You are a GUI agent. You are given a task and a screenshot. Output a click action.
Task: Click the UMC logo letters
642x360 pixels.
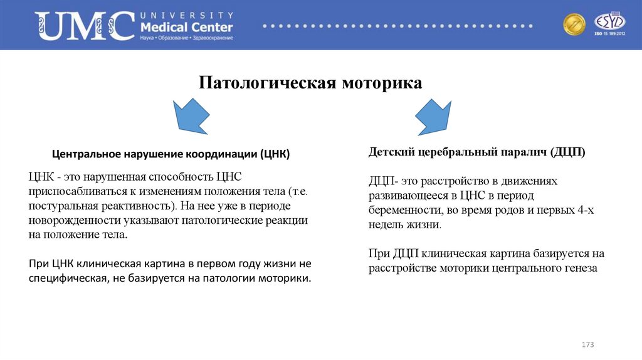click(x=85, y=26)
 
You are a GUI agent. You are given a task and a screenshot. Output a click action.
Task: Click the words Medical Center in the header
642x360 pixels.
click(x=187, y=28)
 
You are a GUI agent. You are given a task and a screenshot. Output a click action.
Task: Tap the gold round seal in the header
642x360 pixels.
click(x=574, y=25)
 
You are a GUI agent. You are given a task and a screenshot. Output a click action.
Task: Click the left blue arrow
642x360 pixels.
click(x=191, y=114)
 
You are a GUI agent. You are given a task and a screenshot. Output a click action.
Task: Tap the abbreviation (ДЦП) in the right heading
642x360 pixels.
click(x=568, y=152)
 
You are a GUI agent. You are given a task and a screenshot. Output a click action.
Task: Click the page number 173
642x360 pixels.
click(x=587, y=346)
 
